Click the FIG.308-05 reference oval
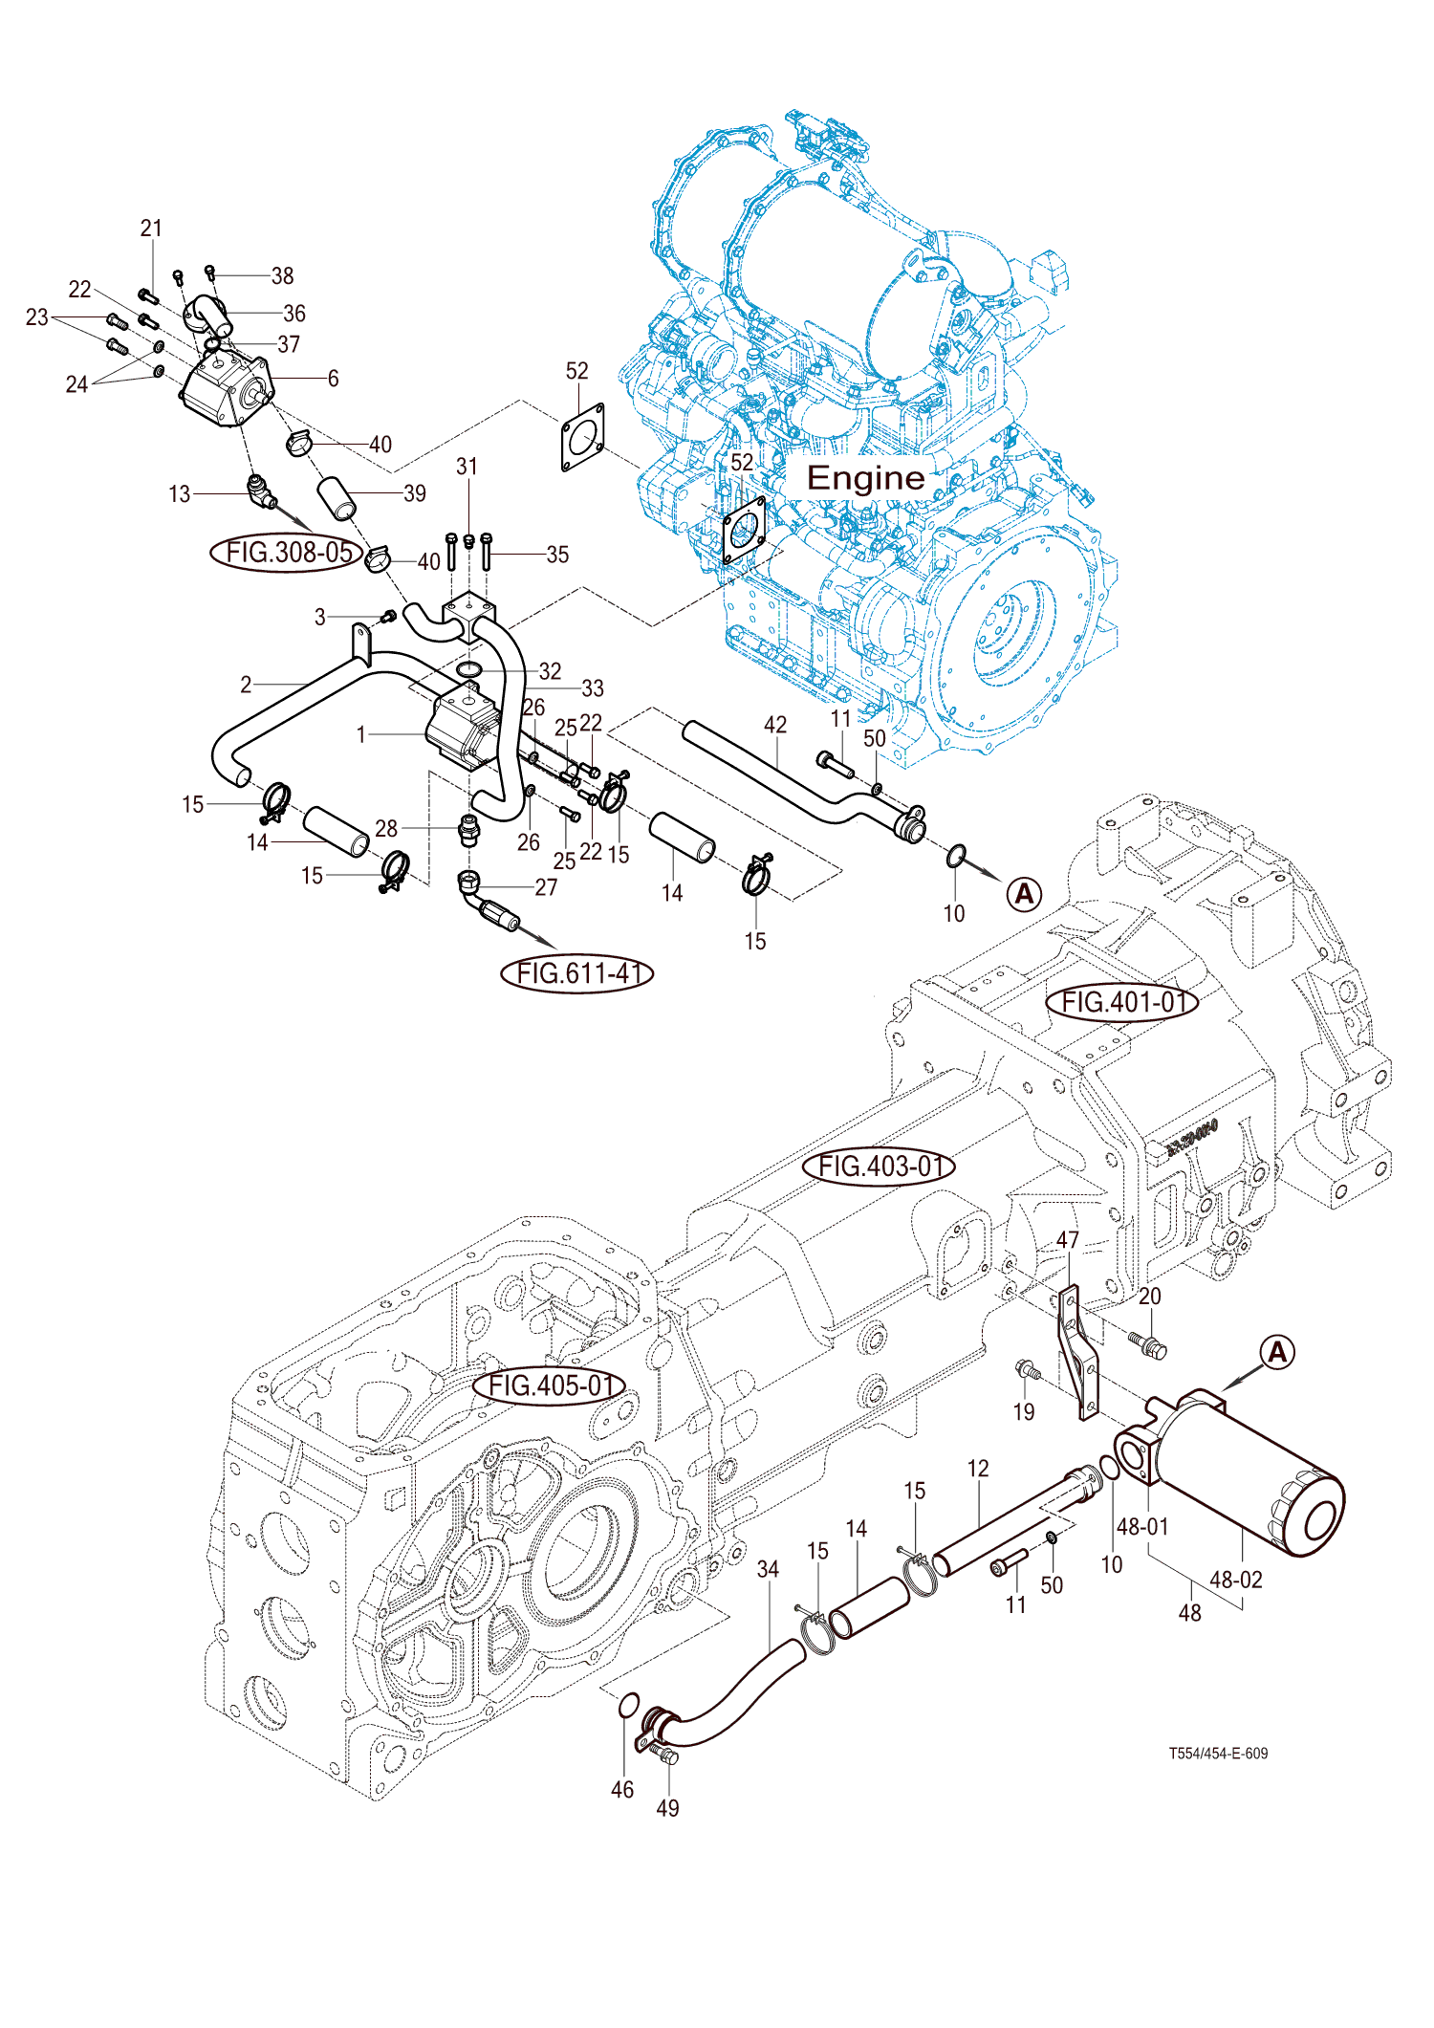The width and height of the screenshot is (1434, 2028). click(x=288, y=553)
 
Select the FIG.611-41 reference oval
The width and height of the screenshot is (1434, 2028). click(x=577, y=973)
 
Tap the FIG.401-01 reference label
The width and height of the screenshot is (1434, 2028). click(x=1123, y=1002)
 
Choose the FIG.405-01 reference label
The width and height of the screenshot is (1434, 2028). click(x=551, y=1385)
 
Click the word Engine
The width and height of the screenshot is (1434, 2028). click(x=866, y=478)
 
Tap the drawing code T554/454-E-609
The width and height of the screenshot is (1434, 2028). click(x=1218, y=1754)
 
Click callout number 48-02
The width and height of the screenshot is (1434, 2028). click(x=1235, y=1580)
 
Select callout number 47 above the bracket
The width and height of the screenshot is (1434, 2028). click(x=1068, y=1240)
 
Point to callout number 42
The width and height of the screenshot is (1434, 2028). click(x=775, y=725)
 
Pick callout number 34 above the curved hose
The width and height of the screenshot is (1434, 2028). click(x=768, y=1569)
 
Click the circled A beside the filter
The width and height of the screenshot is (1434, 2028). click(x=1277, y=1352)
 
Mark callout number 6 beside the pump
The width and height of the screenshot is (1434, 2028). click(x=333, y=379)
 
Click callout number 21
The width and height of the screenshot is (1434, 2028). click(x=151, y=229)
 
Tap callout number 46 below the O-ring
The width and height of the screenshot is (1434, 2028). click(x=622, y=1790)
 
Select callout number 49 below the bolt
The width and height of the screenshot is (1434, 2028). click(x=668, y=1808)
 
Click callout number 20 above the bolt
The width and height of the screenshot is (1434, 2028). click(x=1150, y=1297)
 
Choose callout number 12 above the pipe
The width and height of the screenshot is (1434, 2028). click(x=978, y=1469)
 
